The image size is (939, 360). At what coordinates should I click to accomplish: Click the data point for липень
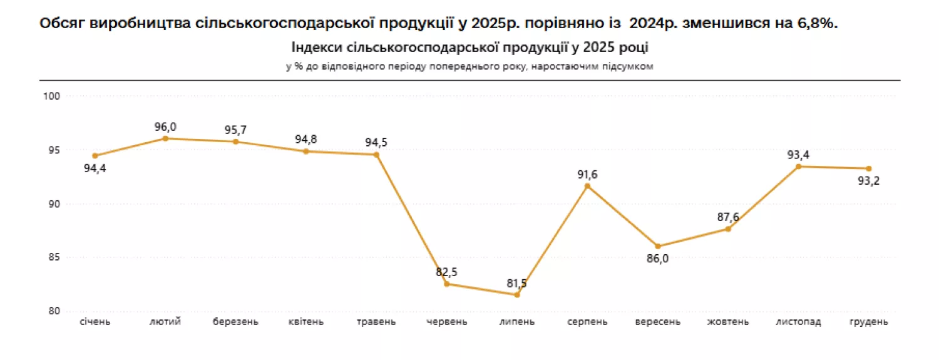[x=517, y=295]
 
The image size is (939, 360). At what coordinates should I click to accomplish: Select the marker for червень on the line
[x=446, y=284]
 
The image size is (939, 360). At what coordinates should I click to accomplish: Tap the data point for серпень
[x=587, y=186]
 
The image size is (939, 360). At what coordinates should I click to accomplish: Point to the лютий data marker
[x=165, y=138]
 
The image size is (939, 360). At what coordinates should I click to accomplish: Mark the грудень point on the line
[x=869, y=168]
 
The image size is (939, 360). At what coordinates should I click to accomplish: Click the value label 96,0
[x=165, y=126]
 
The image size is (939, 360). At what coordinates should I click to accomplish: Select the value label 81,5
[x=517, y=284]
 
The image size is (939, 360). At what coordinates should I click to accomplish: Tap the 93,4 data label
[x=798, y=155]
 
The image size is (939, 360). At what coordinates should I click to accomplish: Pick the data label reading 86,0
[x=658, y=259]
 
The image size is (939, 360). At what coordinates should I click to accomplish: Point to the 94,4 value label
[x=95, y=168]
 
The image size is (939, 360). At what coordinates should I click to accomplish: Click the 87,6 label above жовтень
[x=728, y=217]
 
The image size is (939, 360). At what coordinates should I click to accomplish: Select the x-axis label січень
[x=95, y=322]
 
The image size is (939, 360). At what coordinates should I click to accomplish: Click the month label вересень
[x=658, y=322]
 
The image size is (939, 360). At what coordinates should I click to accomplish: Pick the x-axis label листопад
[x=798, y=322]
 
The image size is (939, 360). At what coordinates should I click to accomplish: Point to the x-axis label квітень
[x=306, y=322]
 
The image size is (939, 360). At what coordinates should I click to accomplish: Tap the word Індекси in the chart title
[x=317, y=48]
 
